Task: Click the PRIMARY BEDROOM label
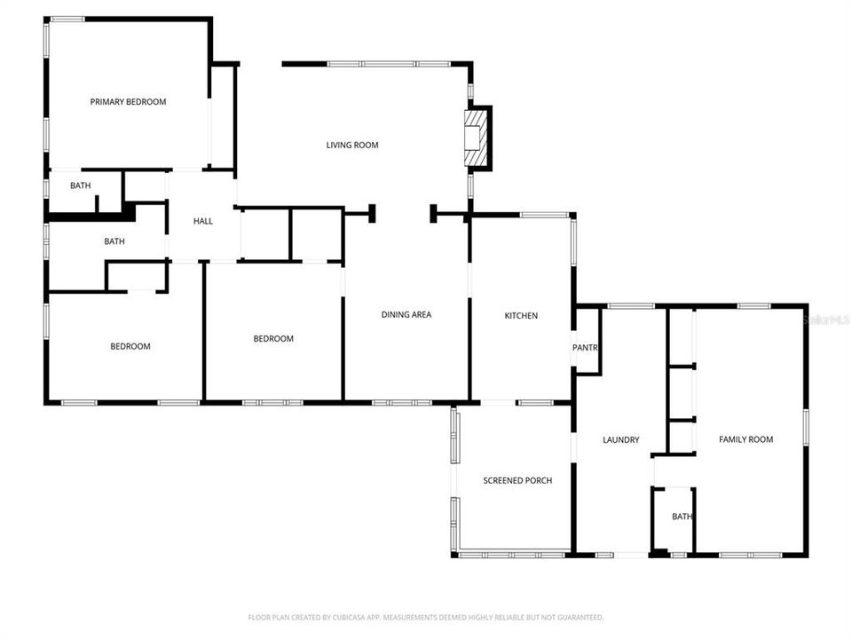pyautogui.click(x=128, y=102)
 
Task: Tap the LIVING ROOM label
pyautogui.click(x=352, y=145)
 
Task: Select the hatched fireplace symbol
pyautogui.click(x=477, y=137)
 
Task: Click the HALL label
pyautogui.click(x=203, y=221)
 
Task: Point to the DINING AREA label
pyautogui.click(x=406, y=314)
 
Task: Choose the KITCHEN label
pyautogui.click(x=521, y=315)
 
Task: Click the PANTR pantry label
pyautogui.click(x=585, y=347)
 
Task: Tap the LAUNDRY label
pyautogui.click(x=620, y=439)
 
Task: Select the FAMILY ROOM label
pyautogui.click(x=745, y=439)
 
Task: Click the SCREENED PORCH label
pyautogui.click(x=517, y=480)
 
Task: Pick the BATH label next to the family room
pyautogui.click(x=682, y=517)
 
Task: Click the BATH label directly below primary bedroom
pyautogui.click(x=81, y=185)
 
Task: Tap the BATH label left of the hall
pyautogui.click(x=114, y=241)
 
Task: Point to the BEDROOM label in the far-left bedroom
pyautogui.click(x=130, y=346)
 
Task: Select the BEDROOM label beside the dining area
pyautogui.click(x=273, y=338)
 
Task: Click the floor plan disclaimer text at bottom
pyautogui.click(x=425, y=617)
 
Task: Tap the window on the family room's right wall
pyautogui.click(x=806, y=426)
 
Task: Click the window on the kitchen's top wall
pyautogui.click(x=545, y=215)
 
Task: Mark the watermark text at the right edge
pyautogui.click(x=826, y=319)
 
